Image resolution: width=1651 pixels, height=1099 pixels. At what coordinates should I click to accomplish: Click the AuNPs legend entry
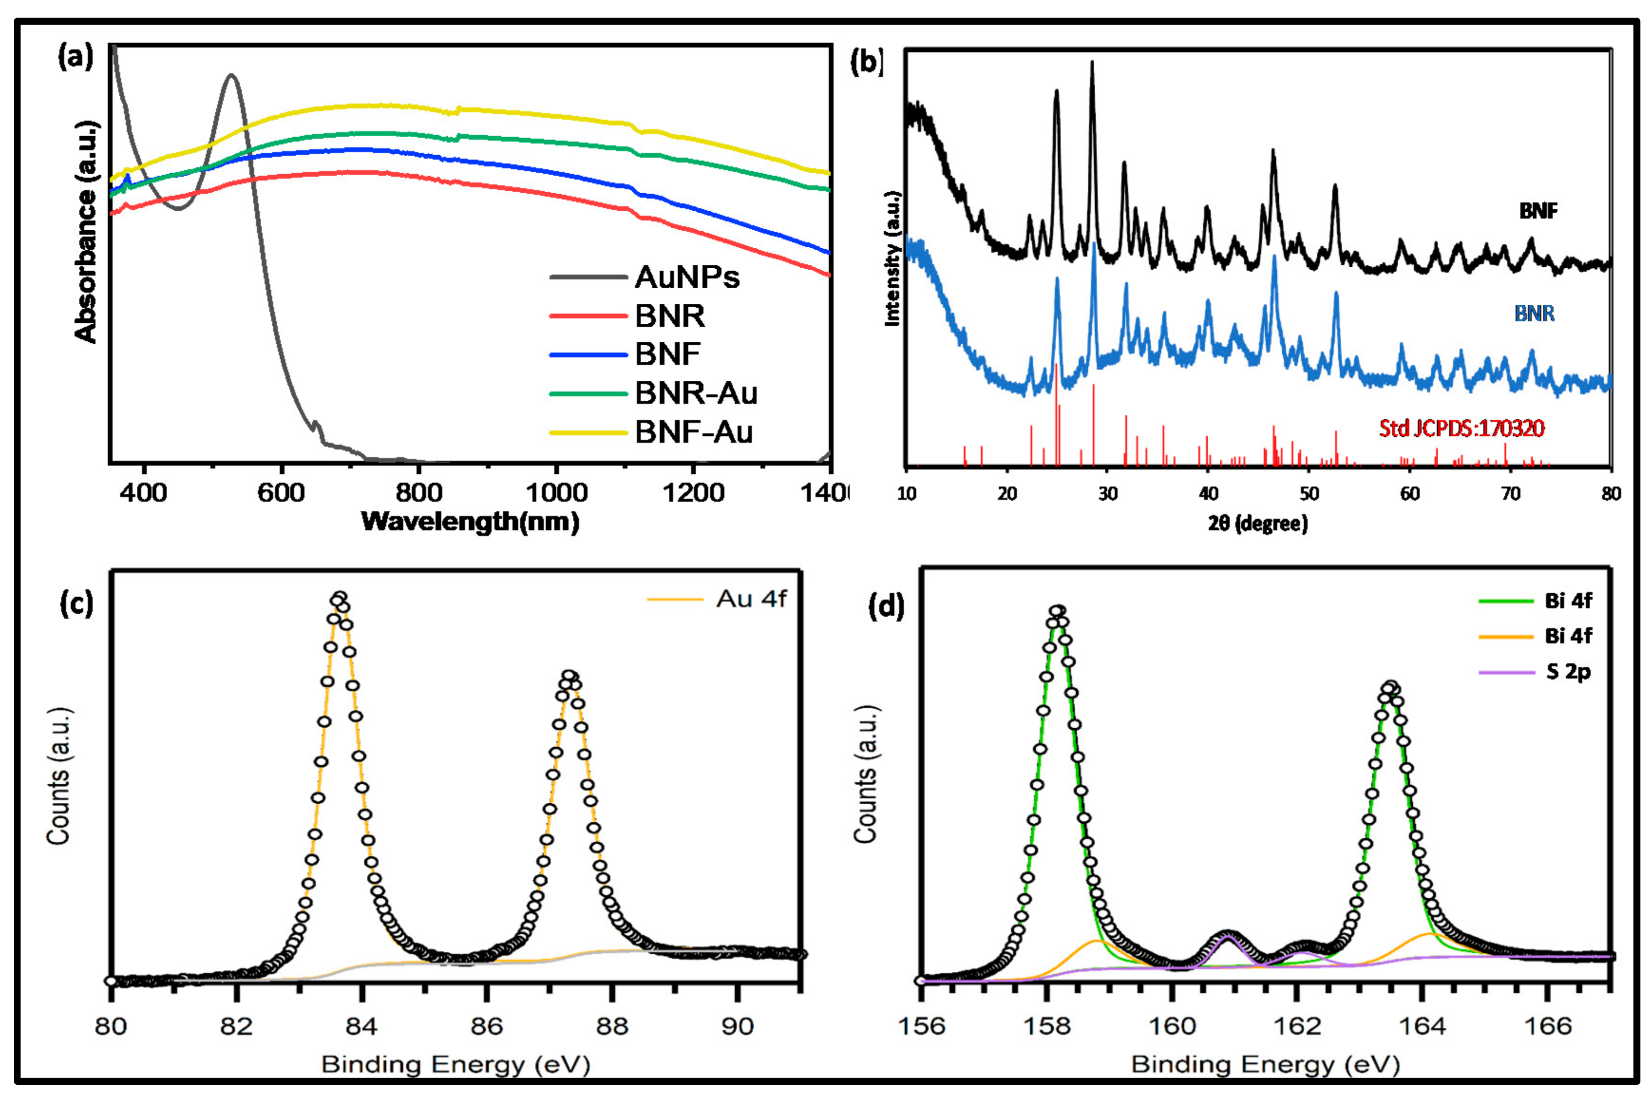pyautogui.click(x=686, y=278)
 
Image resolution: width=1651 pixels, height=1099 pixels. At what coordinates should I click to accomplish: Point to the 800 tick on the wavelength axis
pyautogui.click(x=418, y=493)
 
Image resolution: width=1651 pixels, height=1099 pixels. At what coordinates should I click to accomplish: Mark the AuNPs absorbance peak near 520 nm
pyautogui.click(x=231, y=75)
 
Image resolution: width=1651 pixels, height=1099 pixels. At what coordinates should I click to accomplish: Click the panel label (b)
pyautogui.click(x=866, y=62)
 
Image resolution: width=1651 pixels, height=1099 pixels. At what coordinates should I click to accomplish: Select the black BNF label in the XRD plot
pyautogui.click(x=1538, y=211)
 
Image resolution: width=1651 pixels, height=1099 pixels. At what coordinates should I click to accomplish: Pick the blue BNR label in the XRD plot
pyautogui.click(x=1534, y=313)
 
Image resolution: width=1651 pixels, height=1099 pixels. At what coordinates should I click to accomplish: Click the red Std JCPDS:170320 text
pyautogui.click(x=1461, y=428)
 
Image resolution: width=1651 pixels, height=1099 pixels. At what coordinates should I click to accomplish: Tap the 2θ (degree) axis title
pyautogui.click(x=1258, y=524)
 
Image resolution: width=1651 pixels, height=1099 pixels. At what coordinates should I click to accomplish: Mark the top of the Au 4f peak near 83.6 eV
pyautogui.click(x=339, y=598)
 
